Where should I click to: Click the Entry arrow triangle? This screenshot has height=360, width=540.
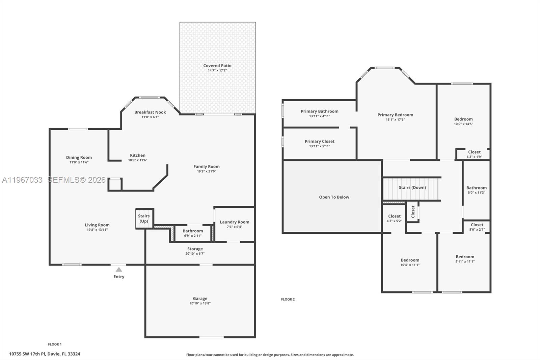tap(119, 269)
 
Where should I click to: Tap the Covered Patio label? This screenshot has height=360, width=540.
tap(217, 66)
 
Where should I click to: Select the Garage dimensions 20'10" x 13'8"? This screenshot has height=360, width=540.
tap(200, 303)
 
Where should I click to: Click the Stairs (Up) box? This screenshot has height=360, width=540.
tap(144, 218)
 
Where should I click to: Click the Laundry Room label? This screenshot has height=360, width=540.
tap(235, 222)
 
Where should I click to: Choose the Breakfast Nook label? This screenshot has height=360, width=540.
tap(150, 112)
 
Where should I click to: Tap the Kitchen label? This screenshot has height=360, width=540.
tap(138, 155)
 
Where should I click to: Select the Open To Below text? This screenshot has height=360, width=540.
tap(334, 197)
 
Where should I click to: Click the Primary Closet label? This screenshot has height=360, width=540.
tap(320, 141)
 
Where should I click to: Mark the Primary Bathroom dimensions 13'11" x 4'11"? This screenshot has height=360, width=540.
tap(320, 116)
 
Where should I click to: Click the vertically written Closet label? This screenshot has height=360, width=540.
tap(413, 212)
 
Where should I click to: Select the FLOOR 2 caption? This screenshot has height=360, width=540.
tap(288, 299)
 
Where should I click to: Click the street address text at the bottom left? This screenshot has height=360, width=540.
tap(45, 354)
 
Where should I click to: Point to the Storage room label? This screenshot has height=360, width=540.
tap(195, 249)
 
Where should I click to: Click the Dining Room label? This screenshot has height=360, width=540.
tap(79, 157)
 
